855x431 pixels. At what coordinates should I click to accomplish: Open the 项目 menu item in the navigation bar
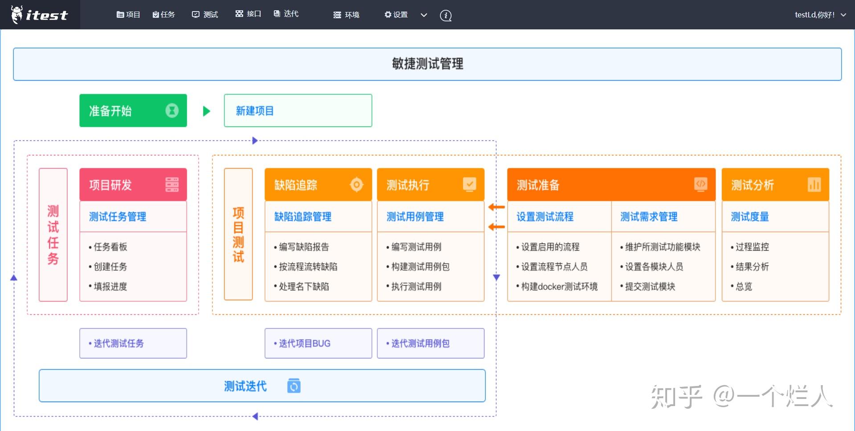pos(128,15)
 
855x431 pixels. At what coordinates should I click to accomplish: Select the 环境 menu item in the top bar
pos(346,15)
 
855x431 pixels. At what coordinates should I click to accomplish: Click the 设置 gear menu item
pos(396,15)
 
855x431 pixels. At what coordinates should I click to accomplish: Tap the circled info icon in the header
pos(446,16)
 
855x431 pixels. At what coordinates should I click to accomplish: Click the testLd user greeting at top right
pos(814,15)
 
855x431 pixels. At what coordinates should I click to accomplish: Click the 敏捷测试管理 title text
pos(427,64)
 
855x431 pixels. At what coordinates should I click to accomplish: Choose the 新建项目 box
pos(298,110)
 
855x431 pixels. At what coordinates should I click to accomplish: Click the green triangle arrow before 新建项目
pos(206,111)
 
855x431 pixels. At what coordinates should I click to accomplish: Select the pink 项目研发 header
pos(133,185)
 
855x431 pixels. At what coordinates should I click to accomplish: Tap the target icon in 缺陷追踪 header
pos(357,184)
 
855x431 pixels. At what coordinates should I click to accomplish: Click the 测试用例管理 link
pos(415,217)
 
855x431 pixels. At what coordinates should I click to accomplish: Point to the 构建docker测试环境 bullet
pos(559,286)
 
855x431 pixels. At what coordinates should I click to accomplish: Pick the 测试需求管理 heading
pos(649,217)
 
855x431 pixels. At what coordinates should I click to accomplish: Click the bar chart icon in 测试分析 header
pos(814,184)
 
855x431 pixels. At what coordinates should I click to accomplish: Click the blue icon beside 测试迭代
pos(294,386)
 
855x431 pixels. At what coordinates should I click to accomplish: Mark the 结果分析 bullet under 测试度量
pos(752,267)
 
